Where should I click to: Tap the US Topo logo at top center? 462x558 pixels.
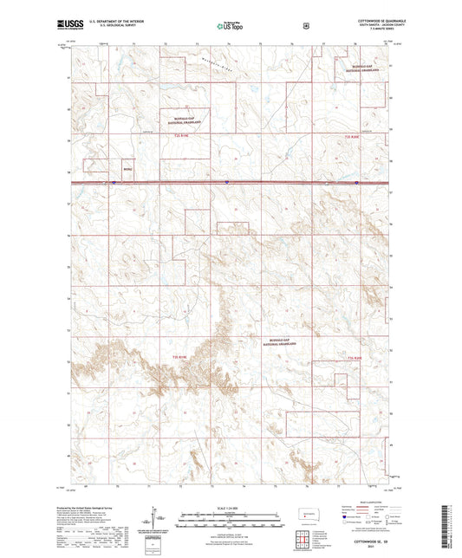(x=227, y=27)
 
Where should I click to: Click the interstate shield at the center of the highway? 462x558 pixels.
(x=226, y=182)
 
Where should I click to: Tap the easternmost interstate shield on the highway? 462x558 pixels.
(x=355, y=183)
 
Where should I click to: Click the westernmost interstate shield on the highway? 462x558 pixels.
(x=114, y=182)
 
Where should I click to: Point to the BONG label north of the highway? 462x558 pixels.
(x=127, y=170)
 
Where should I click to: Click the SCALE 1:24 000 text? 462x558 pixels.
(x=229, y=506)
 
